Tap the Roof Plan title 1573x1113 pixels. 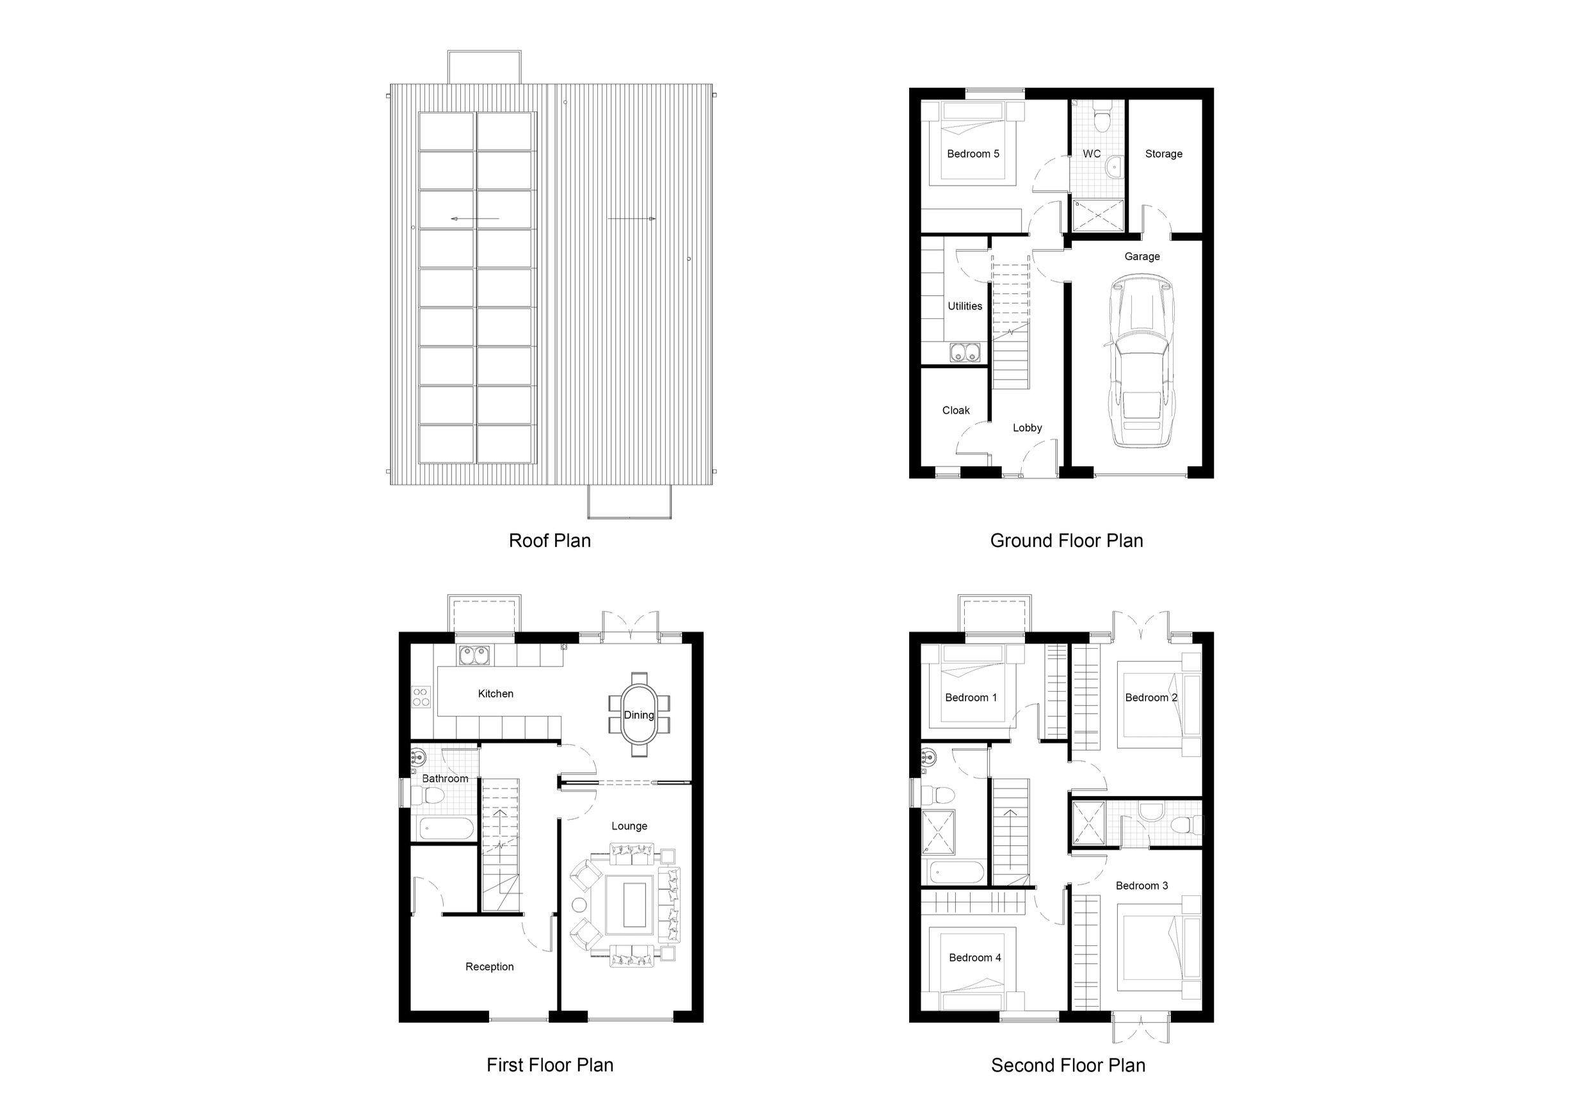click(549, 540)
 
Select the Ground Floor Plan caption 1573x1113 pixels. click(1066, 540)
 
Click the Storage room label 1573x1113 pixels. click(1163, 154)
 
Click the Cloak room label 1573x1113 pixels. click(956, 410)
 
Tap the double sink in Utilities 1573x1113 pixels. click(966, 353)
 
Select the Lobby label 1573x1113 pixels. click(1027, 428)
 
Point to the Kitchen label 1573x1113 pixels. click(496, 694)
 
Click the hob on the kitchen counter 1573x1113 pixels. click(421, 697)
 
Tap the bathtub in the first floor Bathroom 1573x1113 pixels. click(446, 828)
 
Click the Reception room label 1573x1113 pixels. click(489, 966)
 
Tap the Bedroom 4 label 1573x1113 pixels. click(975, 957)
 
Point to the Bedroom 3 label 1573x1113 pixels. click(1141, 886)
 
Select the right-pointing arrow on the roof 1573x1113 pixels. click(632, 218)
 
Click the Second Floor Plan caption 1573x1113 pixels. click(1067, 1065)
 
